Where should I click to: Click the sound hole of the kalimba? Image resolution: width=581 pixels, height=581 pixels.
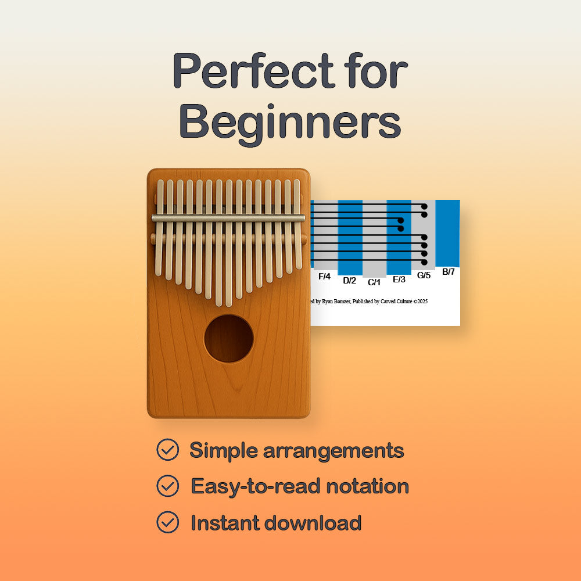coord(228,339)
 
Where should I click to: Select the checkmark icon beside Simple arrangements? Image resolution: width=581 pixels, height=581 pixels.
coord(167,450)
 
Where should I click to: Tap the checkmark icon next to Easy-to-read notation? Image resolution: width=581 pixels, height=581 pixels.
coord(167,486)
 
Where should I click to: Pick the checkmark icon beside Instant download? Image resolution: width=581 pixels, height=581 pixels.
coord(167,522)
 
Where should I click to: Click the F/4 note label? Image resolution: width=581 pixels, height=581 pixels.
coord(324,277)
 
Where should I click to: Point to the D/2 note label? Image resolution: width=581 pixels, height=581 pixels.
coord(349,281)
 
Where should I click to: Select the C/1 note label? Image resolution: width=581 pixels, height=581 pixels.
coord(374,282)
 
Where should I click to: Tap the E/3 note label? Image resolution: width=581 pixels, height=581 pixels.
coord(399,279)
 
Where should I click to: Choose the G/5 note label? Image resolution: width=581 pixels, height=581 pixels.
coord(424,275)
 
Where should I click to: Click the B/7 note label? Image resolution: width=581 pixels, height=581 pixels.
coord(448,271)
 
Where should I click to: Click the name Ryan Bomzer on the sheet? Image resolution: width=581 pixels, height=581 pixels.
coord(333,301)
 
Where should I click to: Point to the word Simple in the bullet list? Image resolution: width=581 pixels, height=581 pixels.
coord(223,450)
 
